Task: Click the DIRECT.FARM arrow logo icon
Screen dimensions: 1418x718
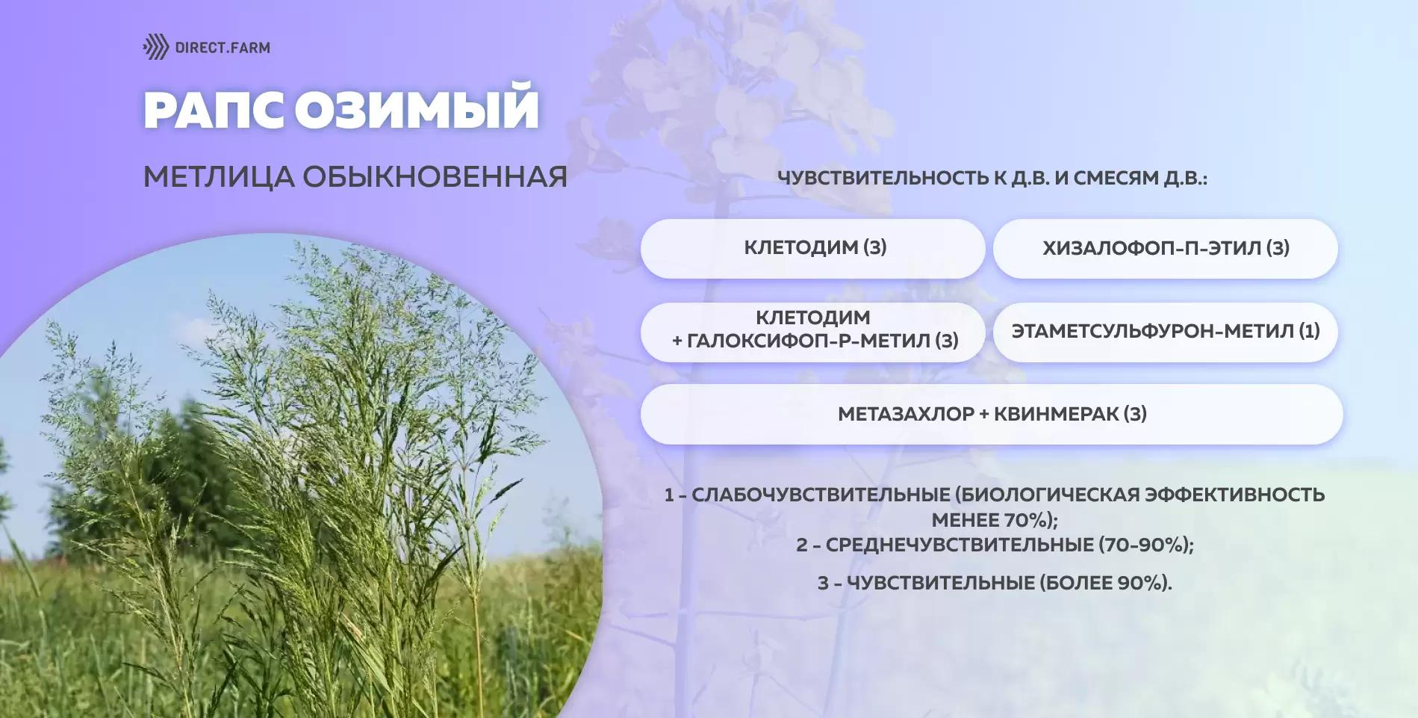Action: [156, 47]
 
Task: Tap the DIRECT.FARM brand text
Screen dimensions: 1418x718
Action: [223, 48]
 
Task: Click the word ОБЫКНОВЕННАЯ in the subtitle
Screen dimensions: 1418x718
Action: [435, 176]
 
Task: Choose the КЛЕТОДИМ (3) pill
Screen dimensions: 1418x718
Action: [813, 248]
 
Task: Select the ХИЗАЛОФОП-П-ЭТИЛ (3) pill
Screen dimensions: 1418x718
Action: [1165, 248]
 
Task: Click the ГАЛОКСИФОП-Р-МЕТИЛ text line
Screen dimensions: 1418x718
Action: [815, 341]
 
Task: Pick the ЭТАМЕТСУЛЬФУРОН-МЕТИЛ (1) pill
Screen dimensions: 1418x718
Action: [1165, 332]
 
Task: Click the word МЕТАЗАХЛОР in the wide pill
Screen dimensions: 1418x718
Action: [906, 414]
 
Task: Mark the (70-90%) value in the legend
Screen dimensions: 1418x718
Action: [1143, 545]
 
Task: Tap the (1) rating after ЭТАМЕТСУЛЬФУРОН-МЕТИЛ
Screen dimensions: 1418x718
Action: [1310, 331]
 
